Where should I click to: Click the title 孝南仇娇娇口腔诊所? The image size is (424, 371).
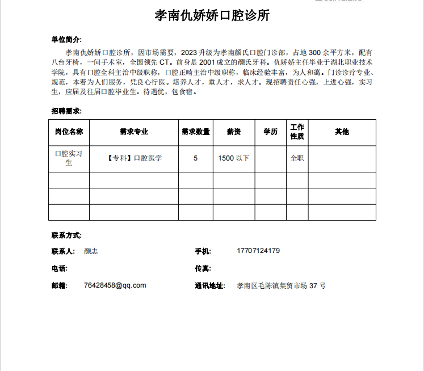point(212,16)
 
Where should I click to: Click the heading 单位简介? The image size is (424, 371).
point(66,40)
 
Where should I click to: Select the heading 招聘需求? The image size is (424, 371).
point(66,111)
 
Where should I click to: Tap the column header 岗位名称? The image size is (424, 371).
point(69,132)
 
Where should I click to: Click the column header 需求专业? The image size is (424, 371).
point(134,132)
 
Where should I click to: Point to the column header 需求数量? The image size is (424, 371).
point(195,132)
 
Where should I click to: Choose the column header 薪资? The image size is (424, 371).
point(233,132)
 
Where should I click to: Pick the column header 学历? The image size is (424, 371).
point(270,132)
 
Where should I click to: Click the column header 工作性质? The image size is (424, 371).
point(297,132)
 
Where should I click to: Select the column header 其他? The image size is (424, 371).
point(342,132)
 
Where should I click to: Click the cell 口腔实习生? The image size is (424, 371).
point(69,158)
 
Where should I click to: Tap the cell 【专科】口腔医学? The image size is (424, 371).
point(134,158)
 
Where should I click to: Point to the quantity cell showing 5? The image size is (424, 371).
point(195,158)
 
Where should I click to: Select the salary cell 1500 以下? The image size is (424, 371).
point(233,158)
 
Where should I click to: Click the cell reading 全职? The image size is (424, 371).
point(297,158)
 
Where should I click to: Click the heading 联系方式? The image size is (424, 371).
point(66,235)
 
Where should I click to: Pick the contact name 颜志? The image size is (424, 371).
point(91,251)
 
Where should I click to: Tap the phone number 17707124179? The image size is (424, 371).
point(258,251)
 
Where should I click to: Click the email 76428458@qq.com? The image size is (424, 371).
point(115,285)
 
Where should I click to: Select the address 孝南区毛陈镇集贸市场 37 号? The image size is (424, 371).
point(281,286)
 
